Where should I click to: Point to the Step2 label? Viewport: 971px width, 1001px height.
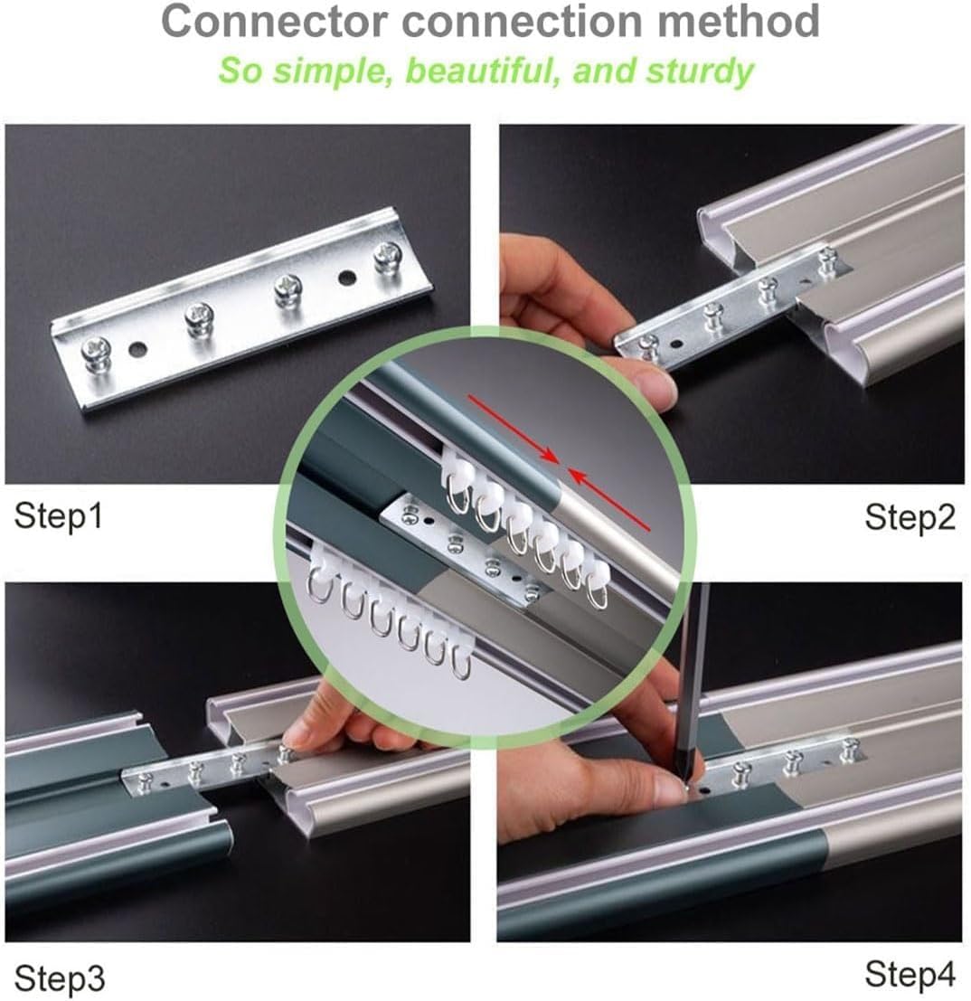tap(910, 517)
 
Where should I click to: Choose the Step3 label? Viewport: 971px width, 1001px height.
tap(59, 978)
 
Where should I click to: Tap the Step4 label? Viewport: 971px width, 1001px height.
tap(910, 975)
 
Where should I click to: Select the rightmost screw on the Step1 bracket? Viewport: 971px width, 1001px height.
tap(388, 257)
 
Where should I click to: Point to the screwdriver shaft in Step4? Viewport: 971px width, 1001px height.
tap(693, 669)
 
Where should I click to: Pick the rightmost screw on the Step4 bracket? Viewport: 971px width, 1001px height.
tap(848, 750)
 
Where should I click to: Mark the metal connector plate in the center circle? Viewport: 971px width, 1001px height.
tap(461, 552)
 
